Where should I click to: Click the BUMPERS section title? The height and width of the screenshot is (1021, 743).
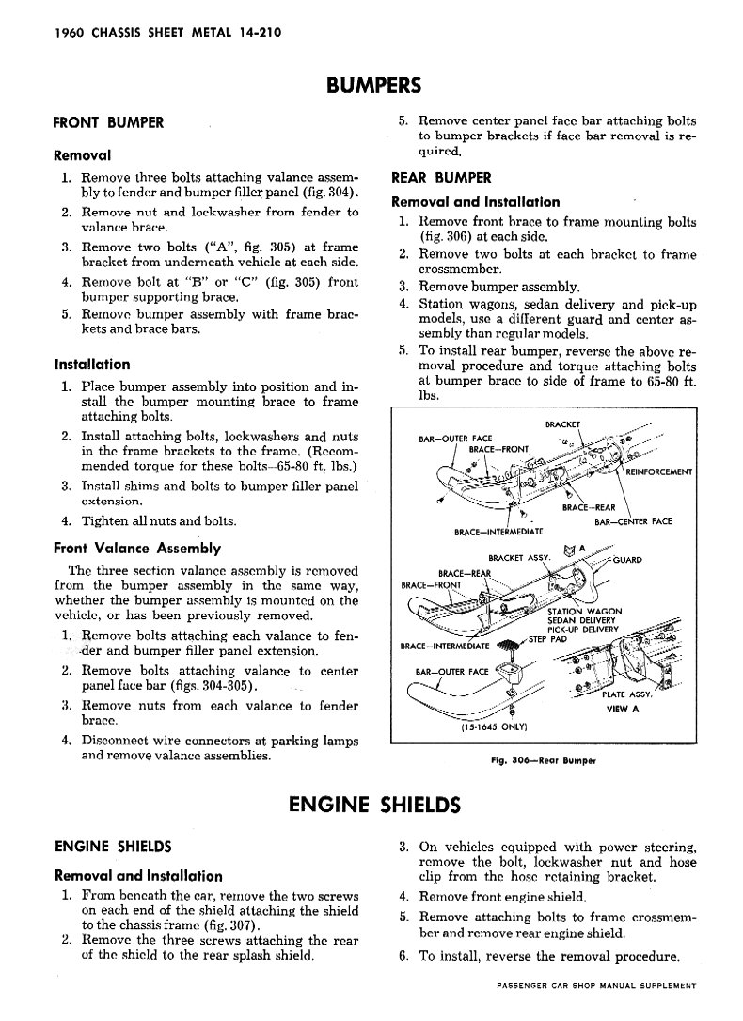click(x=372, y=87)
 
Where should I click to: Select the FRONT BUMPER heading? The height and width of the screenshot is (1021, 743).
click(x=108, y=122)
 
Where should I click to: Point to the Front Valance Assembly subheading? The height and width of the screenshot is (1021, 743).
click(x=137, y=548)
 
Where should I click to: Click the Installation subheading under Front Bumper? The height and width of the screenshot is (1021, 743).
click(x=92, y=364)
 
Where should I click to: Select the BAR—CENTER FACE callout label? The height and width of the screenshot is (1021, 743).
click(x=633, y=521)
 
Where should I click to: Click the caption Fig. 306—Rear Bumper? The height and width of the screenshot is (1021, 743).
click(x=540, y=758)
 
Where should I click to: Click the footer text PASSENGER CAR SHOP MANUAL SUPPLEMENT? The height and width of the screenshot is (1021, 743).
click(x=594, y=984)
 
